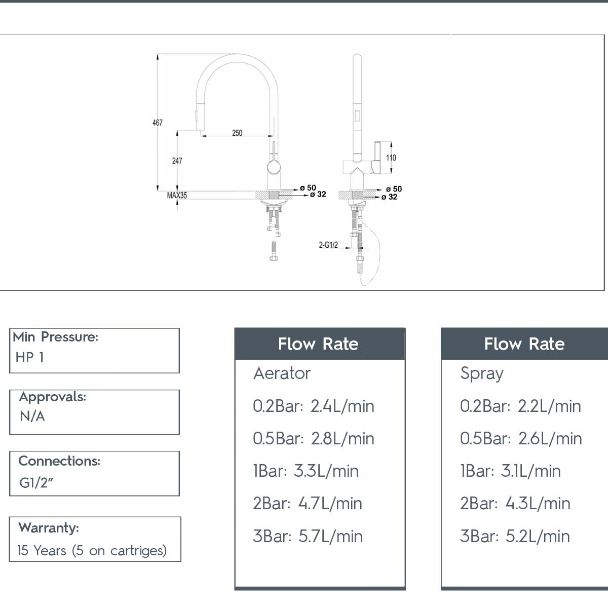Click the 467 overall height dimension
[158, 123]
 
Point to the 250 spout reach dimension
[237, 133]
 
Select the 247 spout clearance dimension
[177, 161]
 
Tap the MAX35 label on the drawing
[177, 195]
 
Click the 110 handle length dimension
[391, 158]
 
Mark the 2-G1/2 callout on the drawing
[328, 245]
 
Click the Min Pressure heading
[56, 337]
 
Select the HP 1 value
[30, 357]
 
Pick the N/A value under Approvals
[32, 416]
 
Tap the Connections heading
[59, 461]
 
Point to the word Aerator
[282, 373]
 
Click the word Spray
[482, 373]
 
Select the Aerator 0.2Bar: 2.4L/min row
[314, 406]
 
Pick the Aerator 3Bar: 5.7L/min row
[308, 536]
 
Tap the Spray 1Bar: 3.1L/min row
[510, 471]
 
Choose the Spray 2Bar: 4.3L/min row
[515, 504]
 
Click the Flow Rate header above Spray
[524, 344]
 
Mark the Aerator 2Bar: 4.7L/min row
[308, 504]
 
